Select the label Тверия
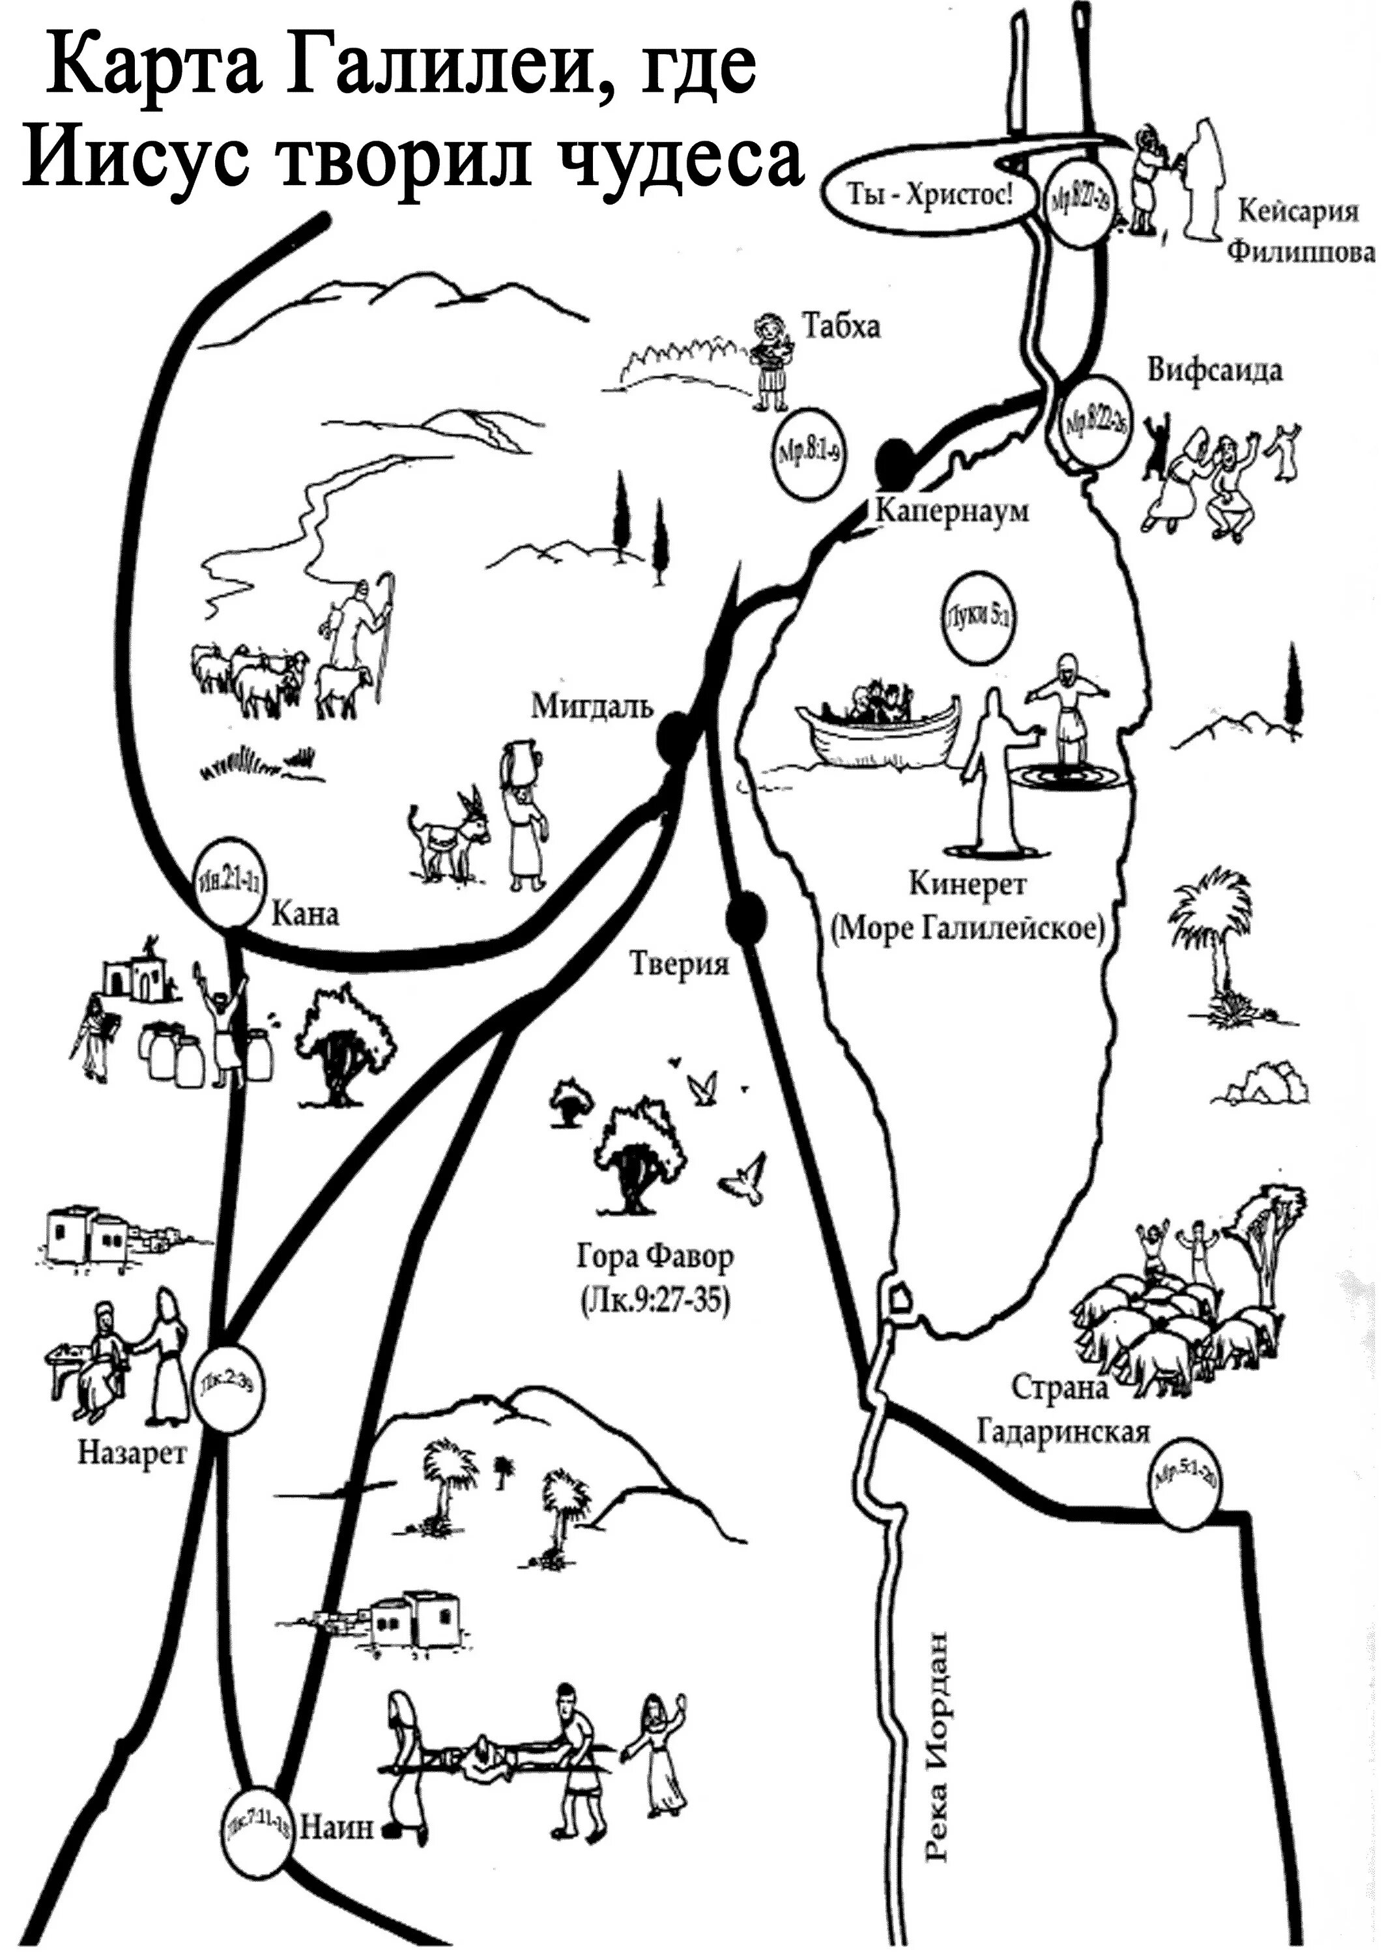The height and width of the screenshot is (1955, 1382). tap(679, 964)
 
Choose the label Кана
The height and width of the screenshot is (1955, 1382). tap(304, 914)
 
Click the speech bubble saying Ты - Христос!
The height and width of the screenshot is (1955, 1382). tap(930, 197)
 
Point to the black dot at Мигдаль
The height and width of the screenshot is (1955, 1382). tap(677, 736)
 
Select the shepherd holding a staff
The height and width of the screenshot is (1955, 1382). tap(362, 622)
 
